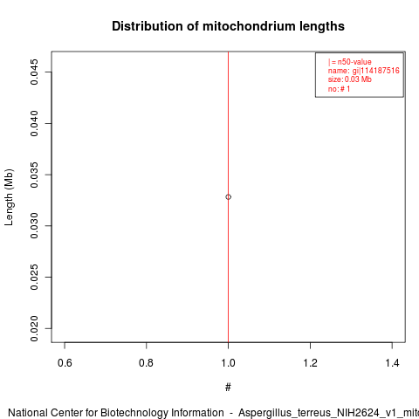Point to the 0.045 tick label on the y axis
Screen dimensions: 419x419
pyautogui.click(x=34, y=72)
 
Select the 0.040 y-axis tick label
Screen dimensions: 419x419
pyautogui.click(x=34, y=123)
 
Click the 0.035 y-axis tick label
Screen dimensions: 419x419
pyautogui.click(x=34, y=175)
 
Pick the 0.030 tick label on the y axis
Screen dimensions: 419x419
pyautogui.click(x=34, y=225)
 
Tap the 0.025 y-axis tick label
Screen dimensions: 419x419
pyautogui.click(x=34, y=277)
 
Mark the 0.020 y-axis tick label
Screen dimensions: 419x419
pyautogui.click(x=34, y=328)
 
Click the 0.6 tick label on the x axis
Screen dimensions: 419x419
pyautogui.click(x=65, y=363)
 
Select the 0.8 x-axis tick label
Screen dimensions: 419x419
pyautogui.click(x=146, y=363)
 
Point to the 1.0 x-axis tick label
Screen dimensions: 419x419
pyautogui.click(x=228, y=363)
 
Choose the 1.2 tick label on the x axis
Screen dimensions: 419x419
pyautogui.click(x=310, y=363)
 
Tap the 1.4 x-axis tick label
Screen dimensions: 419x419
pyautogui.click(x=392, y=363)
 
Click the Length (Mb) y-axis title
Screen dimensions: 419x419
pyautogui.click(x=9, y=197)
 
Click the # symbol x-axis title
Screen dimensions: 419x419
pyautogui.click(x=228, y=388)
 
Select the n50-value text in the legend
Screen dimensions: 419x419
pyautogui.click(x=354, y=62)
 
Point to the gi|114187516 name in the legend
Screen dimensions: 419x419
pyautogui.click(x=376, y=71)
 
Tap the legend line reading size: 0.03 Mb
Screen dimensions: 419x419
pyautogui.click(x=350, y=79)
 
